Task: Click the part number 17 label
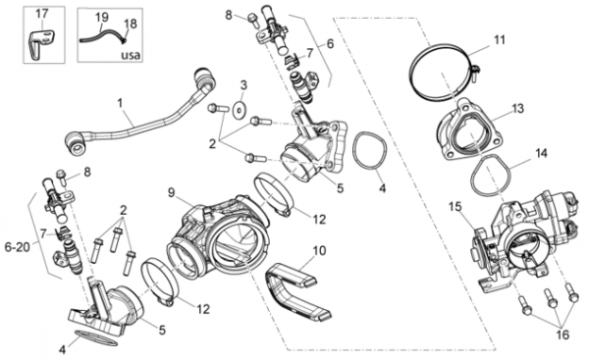pyautogui.click(x=42, y=14)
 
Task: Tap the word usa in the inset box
pyautogui.click(x=131, y=55)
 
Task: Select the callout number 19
pyautogui.click(x=101, y=17)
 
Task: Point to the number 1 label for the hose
pyautogui.click(x=120, y=102)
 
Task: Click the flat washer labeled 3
pyautogui.click(x=239, y=110)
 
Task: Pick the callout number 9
pyautogui.click(x=171, y=193)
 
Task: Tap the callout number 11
pyautogui.click(x=500, y=40)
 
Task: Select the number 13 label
pyautogui.click(x=518, y=109)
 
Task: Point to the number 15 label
pyautogui.click(x=455, y=207)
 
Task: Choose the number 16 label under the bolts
pyautogui.click(x=562, y=334)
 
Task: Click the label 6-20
pyautogui.click(x=18, y=247)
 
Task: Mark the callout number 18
pyautogui.click(x=131, y=24)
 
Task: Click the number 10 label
pyautogui.click(x=319, y=250)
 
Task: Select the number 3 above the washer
pyautogui.click(x=243, y=85)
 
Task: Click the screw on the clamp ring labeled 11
pyautogui.click(x=474, y=72)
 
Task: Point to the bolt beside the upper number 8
pyautogui.click(x=253, y=20)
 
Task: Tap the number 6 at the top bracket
pyautogui.click(x=330, y=43)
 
